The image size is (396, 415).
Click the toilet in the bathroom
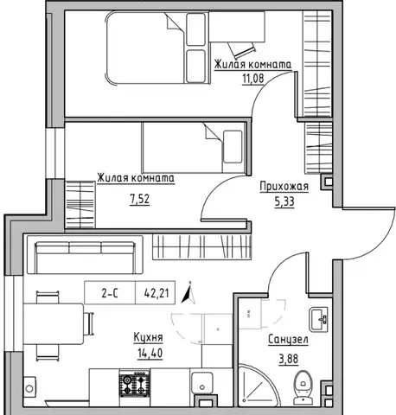pyautogui.click(x=303, y=387)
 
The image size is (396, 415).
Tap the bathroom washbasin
pyautogui.click(x=318, y=319)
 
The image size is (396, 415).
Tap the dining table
pyautogui.click(x=54, y=323)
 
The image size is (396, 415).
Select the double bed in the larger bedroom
pyautogui.click(x=156, y=48)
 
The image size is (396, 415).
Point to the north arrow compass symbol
pyautogui.click(x=188, y=293)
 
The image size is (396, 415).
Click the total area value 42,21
pyautogui.click(x=156, y=293)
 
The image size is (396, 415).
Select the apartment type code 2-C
pyautogui.click(x=110, y=293)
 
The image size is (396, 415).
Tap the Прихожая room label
pyautogui.click(x=284, y=187)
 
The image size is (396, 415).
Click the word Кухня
pyautogui.click(x=148, y=337)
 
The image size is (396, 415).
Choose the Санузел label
pyautogui.click(x=288, y=340)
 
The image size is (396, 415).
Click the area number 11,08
pyautogui.click(x=253, y=78)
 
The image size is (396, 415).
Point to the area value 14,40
pyautogui.click(x=150, y=353)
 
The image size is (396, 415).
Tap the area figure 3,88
pyautogui.click(x=288, y=359)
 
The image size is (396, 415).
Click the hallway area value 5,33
pyautogui.click(x=284, y=201)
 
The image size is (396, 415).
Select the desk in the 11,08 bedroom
pyautogui.click(x=237, y=27)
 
